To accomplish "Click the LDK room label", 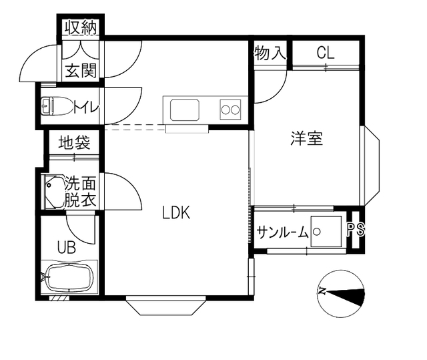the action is coord(176,212).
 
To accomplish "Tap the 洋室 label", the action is coord(307,138).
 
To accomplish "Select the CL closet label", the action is coord(326,53).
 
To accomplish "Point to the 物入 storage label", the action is coord(270,53).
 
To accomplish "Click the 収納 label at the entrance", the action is coord(81,27).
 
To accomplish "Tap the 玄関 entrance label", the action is coord(81,70).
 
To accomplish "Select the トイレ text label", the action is coord(86,107).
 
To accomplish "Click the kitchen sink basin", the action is coord(185,110).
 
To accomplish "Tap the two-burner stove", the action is coord(230,110).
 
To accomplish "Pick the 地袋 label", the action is coord(74,142).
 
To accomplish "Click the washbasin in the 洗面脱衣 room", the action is coord(55,192).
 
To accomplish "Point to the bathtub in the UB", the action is coord(69,277).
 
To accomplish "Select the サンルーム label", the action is coord(282,232).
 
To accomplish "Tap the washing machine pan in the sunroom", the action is coord(326,232).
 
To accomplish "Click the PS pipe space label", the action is coord(356,229).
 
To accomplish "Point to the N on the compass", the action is coord(322,291).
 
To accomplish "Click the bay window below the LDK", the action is coord(165,307).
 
